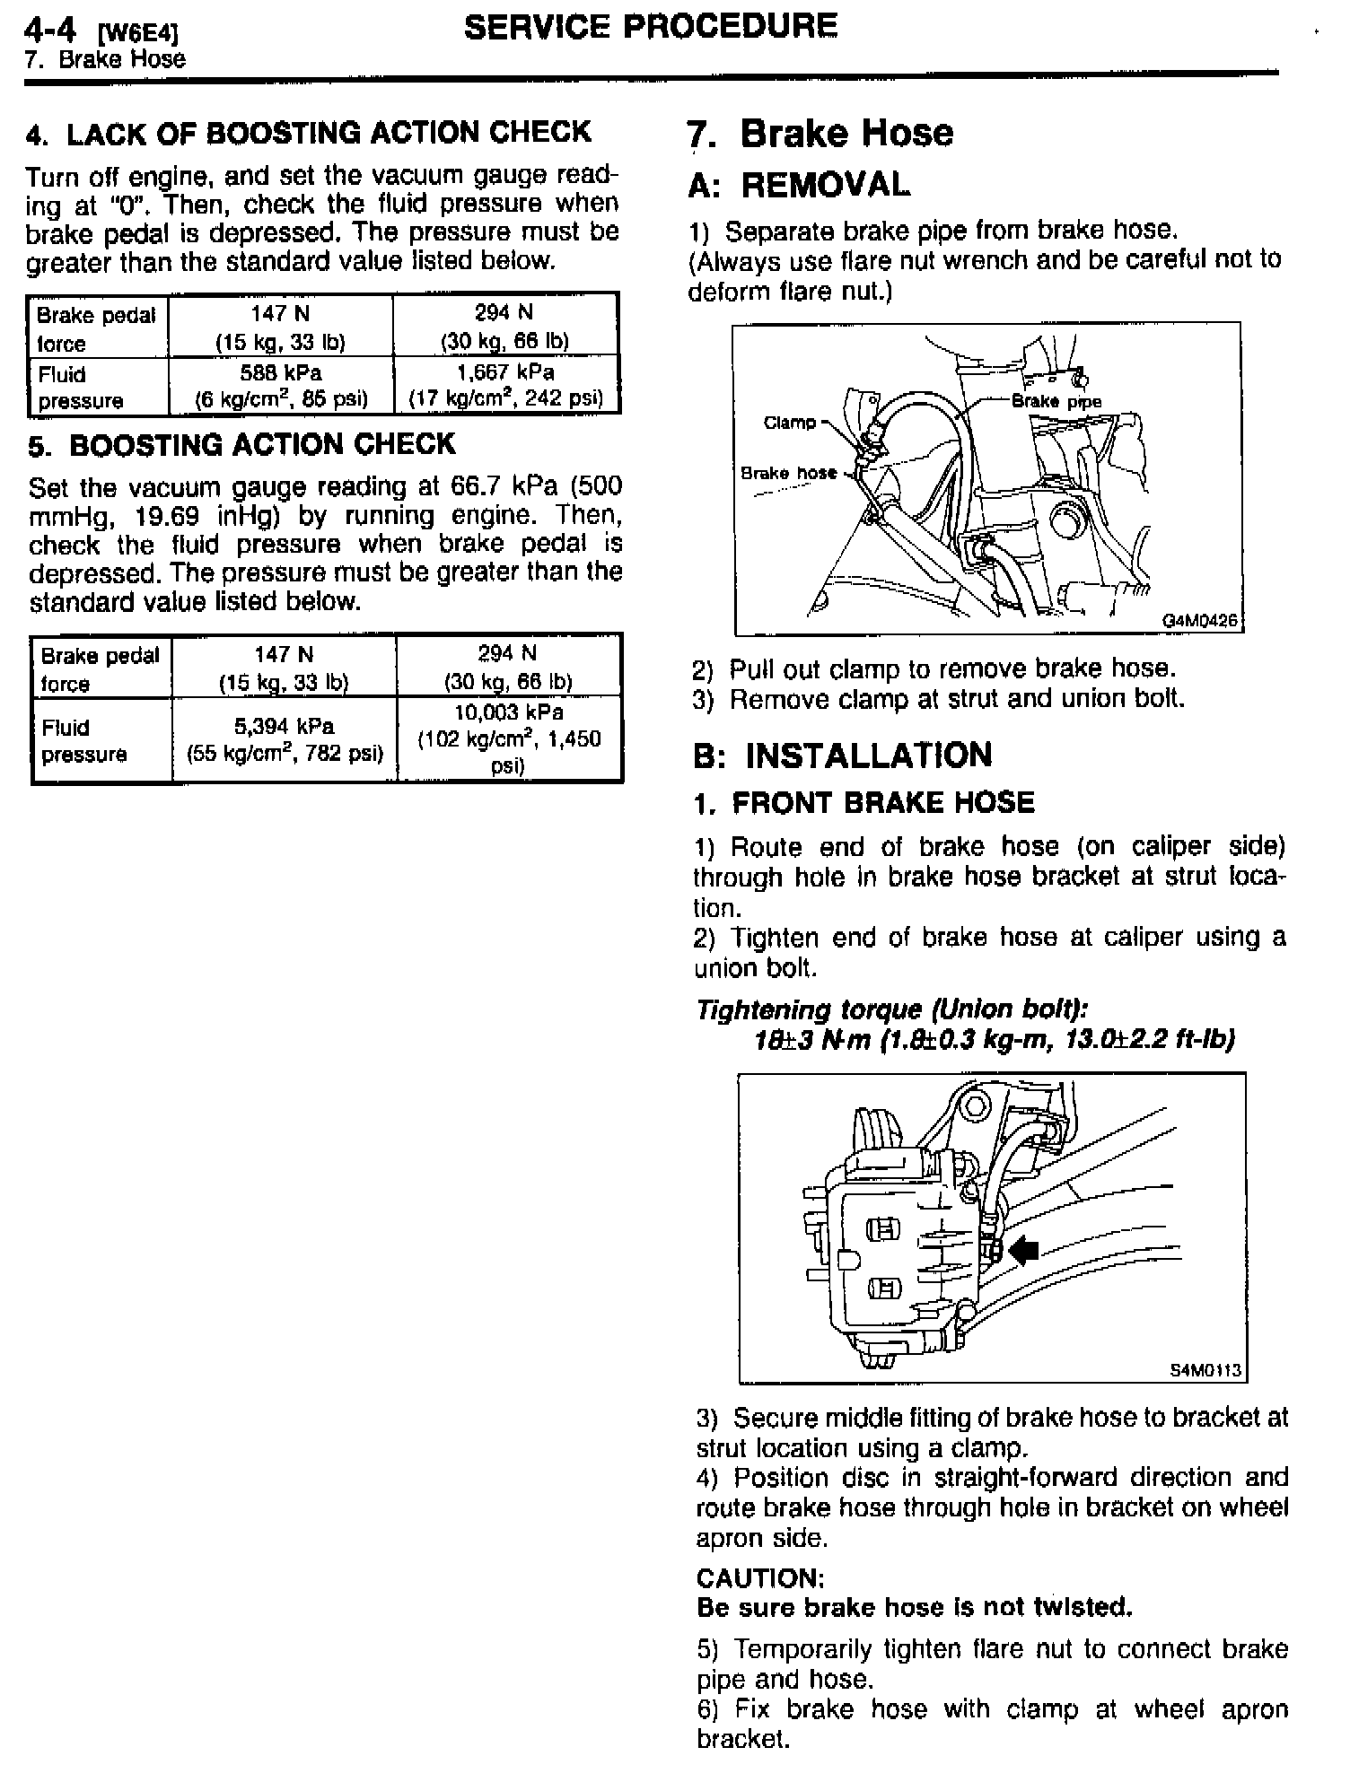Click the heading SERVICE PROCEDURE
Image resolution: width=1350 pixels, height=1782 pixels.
tap(651, 26)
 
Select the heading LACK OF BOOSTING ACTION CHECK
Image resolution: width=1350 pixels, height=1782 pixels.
tap(309, 134)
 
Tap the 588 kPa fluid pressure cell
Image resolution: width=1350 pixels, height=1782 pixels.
tap(281, 384)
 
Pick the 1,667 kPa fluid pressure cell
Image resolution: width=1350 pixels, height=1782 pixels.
tap(505, 384)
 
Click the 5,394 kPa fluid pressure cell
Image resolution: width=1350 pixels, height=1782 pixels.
tap(285, 739)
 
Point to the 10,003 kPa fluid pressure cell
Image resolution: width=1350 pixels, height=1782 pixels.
tap(508, 739)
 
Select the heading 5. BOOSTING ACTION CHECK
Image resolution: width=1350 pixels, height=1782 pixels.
tap(242, 445)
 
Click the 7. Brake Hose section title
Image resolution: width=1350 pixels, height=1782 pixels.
tap(820, 134)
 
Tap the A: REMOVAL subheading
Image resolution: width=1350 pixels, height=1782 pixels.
tap(799, 186)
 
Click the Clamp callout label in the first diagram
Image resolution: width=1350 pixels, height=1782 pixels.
tap(790, 422)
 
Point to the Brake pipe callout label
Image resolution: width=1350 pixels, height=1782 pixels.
tap(1056, 402)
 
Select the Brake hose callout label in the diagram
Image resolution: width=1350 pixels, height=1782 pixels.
tap(788, 473)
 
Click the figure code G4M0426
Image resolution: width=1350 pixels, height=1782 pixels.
tap(1200, 620)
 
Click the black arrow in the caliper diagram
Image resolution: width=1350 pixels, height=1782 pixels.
tap(1023, 1249)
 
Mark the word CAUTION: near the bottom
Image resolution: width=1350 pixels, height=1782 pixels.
tap(760, 1577)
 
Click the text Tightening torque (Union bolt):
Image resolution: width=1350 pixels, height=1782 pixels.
tap(893, 1009)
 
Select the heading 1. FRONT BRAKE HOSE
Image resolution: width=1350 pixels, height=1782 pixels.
tap(863, 802)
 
